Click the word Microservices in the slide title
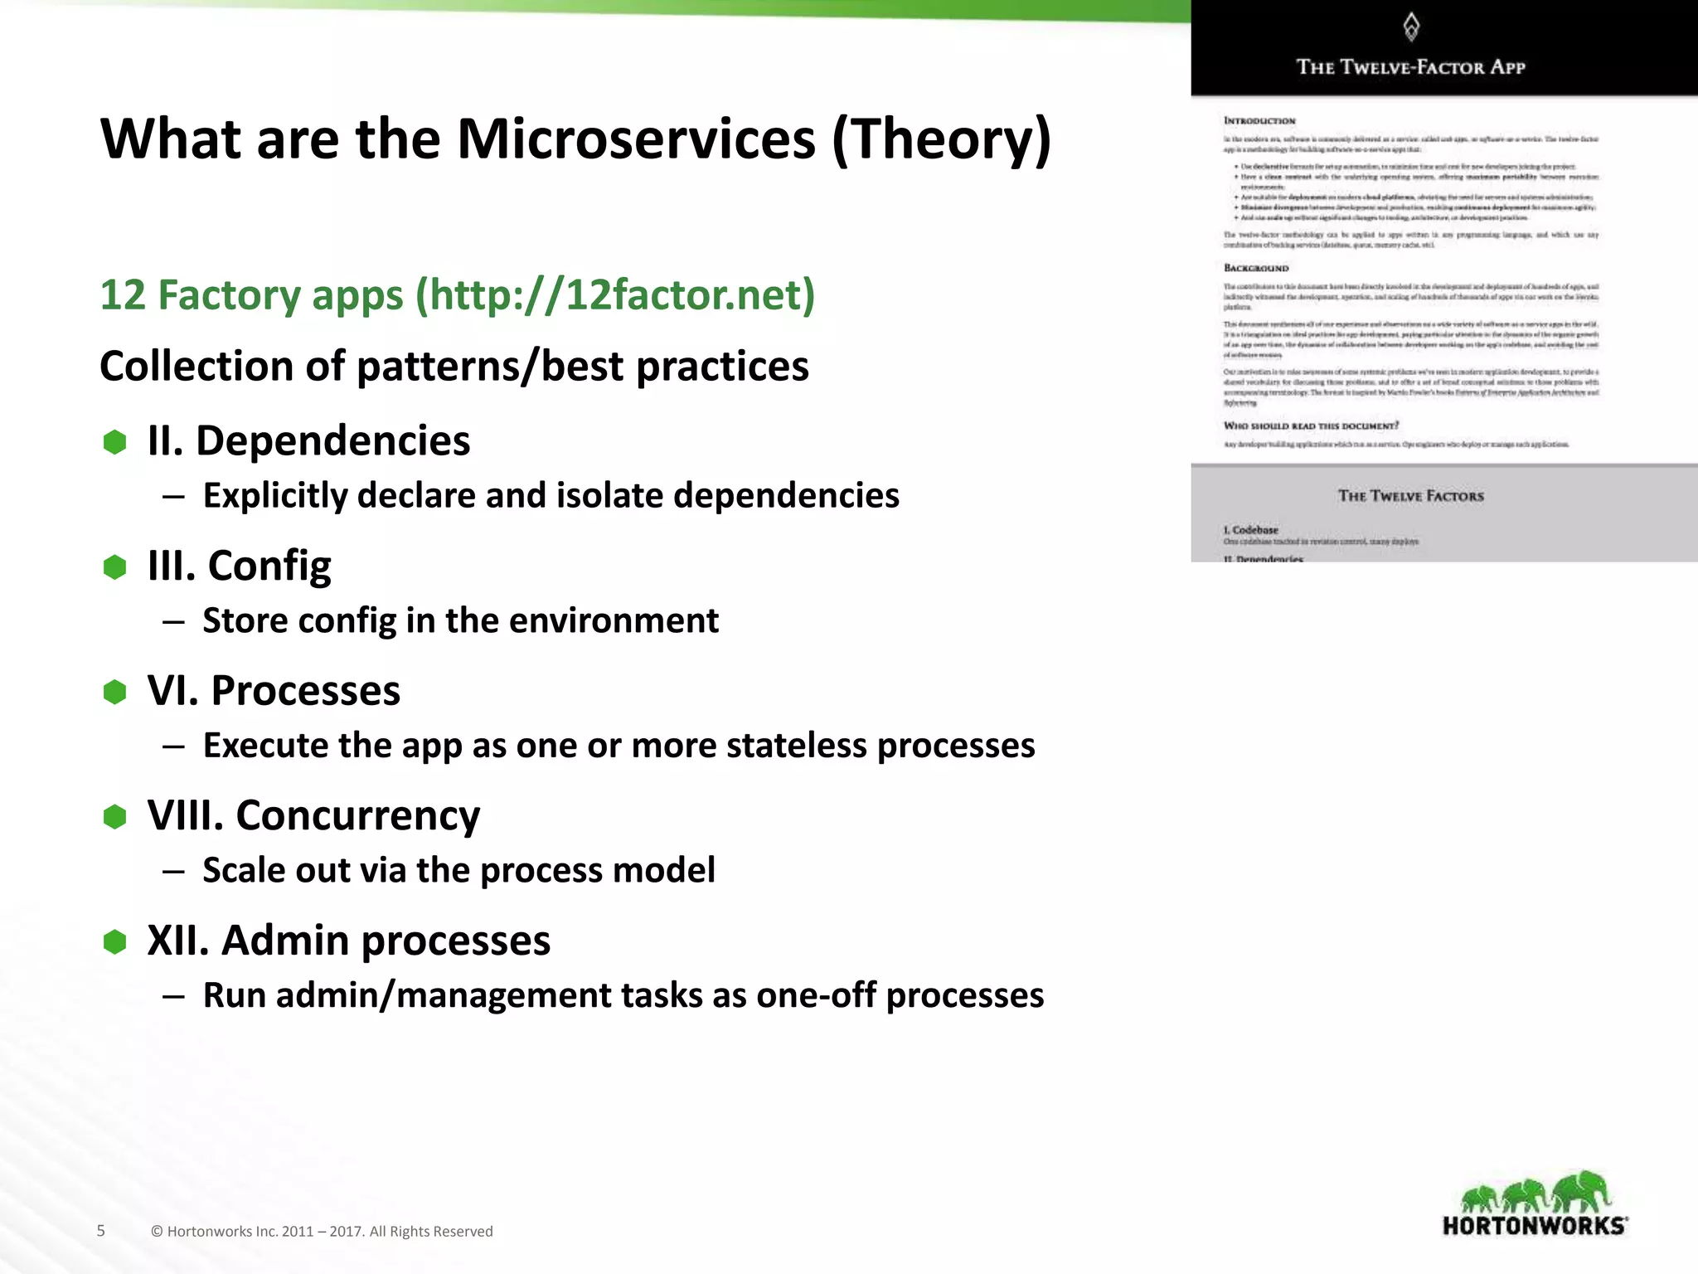(636, 139)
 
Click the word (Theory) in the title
(941, 139)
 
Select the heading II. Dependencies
(308, 440)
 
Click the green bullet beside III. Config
(114, 567)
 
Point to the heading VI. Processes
(274, 691)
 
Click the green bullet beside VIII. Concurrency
(114, 817)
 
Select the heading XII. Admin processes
(348, 941)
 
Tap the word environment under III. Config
(614, 620)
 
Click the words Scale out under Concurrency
(265, 871)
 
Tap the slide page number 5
(101, 1231)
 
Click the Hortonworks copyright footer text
(322, 1232)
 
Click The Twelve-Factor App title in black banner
(1410, 67)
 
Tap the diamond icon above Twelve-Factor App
(1410, 27)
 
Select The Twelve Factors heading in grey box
(1410, 496)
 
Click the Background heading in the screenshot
(1256, 268)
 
